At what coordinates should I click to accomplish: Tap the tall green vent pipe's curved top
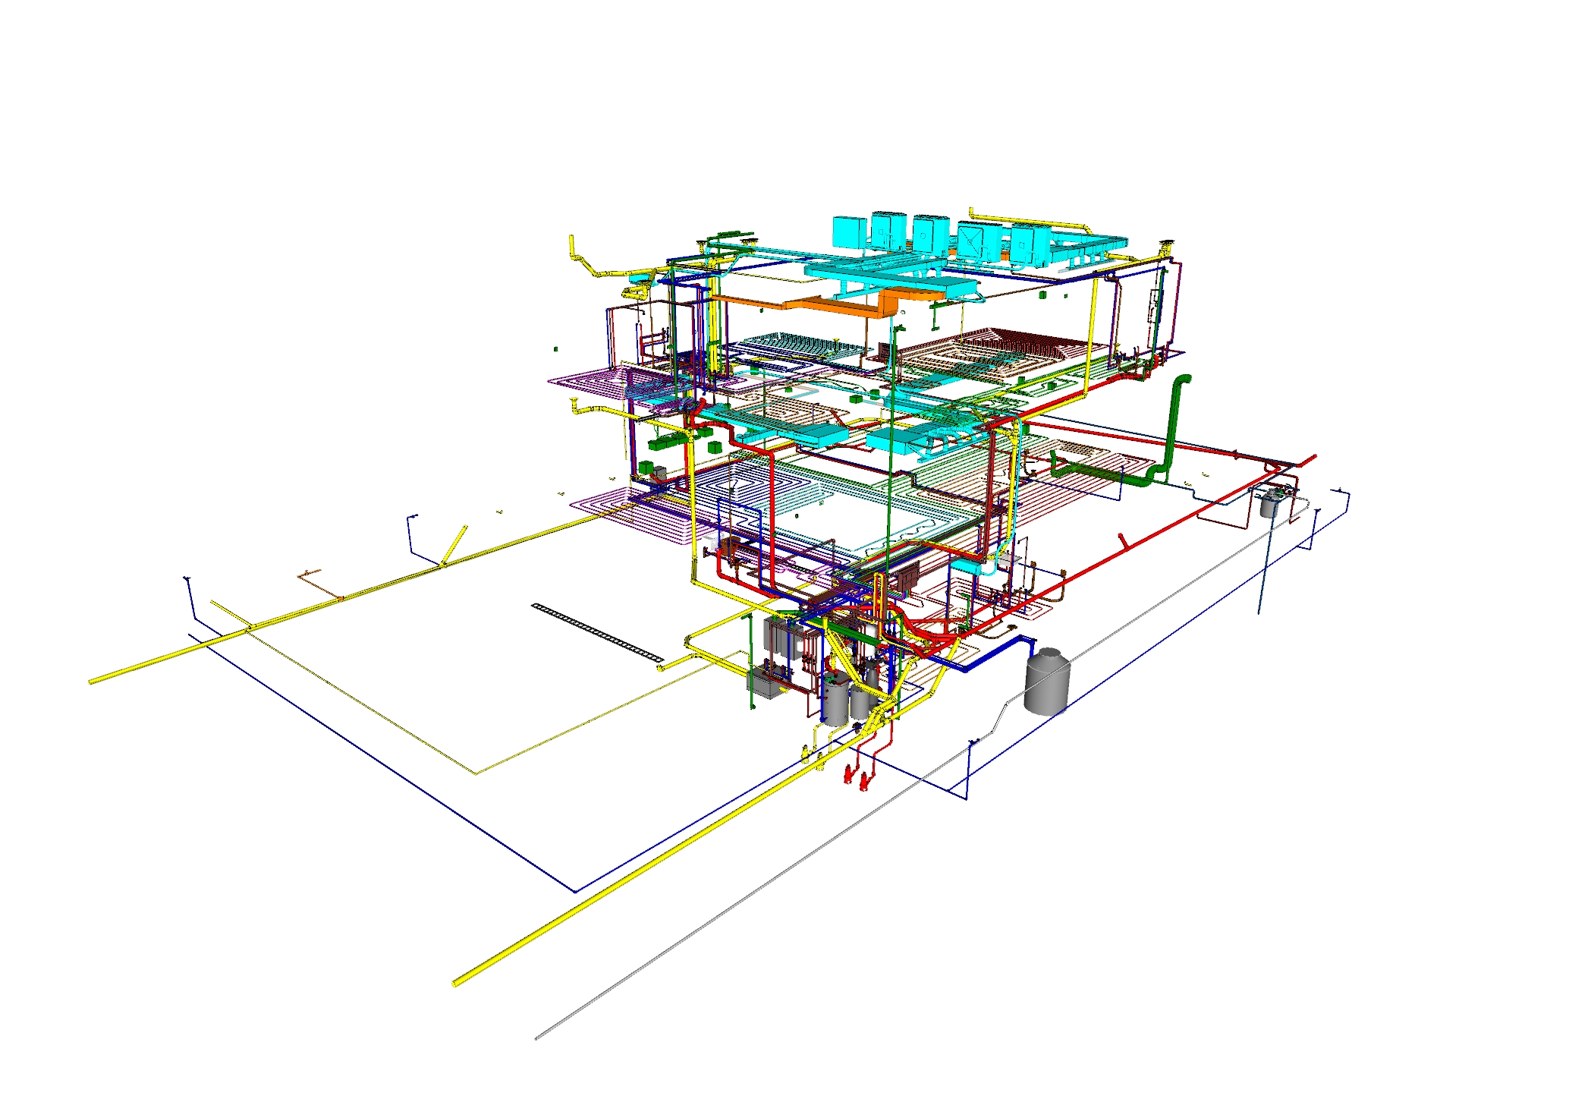(x=1181, y=380)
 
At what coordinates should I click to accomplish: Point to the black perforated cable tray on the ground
(x=597, y=631)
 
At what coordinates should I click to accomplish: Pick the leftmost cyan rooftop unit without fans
(x=849, y=231)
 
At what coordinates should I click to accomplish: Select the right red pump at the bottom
(x=866, y=779)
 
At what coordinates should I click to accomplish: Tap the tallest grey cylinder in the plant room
(x=835, y=703)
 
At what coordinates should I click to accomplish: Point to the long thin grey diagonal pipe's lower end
(x=537, y=1037)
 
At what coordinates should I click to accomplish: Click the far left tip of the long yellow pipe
(x=92, y=682)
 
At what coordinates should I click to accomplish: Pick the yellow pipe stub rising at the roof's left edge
(x=571, y=244)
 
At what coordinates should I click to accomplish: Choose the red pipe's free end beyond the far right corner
(x=1313, y=457)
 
